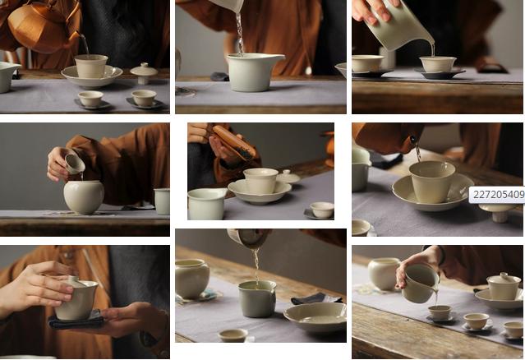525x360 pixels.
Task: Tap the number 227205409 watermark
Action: [496, 195]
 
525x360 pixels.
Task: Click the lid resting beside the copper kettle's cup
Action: [144, 73]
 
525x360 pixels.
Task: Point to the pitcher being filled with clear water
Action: [255, 72]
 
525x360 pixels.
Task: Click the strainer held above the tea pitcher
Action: [251, 238]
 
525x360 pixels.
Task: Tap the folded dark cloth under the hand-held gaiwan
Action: [74, 320]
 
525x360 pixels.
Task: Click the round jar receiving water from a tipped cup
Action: [83, 196]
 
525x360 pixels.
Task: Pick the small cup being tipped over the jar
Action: [74, 163]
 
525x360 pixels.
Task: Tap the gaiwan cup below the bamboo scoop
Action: [260, 181]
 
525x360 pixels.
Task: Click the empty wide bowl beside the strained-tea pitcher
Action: [315, 316]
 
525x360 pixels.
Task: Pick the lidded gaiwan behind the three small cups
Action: [503, 288]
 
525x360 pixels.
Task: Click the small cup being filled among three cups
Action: [440, 312]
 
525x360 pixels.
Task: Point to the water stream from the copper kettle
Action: [84, 44]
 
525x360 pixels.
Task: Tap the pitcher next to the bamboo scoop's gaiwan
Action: [206, 203]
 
